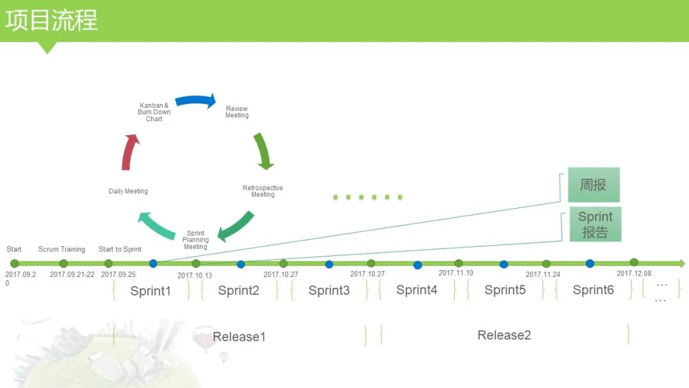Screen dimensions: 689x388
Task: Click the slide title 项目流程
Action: pyautogui.click(x=52, y=20)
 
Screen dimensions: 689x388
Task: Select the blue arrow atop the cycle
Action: pyautogui.click(x=196, y=101)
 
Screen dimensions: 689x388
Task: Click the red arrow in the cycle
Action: pyautogui.click(x=130, y=153)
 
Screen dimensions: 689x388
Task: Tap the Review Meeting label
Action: pyautogui.click(x=237, y=112)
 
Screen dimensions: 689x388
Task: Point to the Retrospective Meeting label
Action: pyautogui.click(x=263, y=191)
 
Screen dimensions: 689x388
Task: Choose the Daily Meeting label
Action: pyautogui.click(x=128, y=191)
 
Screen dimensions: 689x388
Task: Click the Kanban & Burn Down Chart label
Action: pyautogui.click(x=154, y=112)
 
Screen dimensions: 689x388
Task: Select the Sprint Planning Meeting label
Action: pyautogui.click(x=195, y=240)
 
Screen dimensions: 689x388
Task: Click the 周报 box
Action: pyautogui.click(x=593, y=185)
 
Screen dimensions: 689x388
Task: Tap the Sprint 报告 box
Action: pyautogui.click(x=595, y=224)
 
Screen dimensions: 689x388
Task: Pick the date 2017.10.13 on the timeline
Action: pyautogui.click(x=195, y=276)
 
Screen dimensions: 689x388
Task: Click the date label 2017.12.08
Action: pyautogui.click(x=633, y=273)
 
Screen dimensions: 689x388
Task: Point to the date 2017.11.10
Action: pyautogui.click(x=456, y=273)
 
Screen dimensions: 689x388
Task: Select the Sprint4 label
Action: pyautogui.click(x=417, y=290)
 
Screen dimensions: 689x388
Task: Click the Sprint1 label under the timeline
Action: pyautogui.click(x=151, y=291)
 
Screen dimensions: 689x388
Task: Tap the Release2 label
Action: pyautogui.click(x=504, y=335)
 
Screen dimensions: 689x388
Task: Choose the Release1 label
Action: pyautogui.click(x=239, y=337)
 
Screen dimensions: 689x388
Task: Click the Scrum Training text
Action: pyautogui.click(x=61, y=250)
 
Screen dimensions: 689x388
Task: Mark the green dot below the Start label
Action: pyautogui.click(x=15, y=264)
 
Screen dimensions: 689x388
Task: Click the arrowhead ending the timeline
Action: pyautogui.click(x=682, y=263)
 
